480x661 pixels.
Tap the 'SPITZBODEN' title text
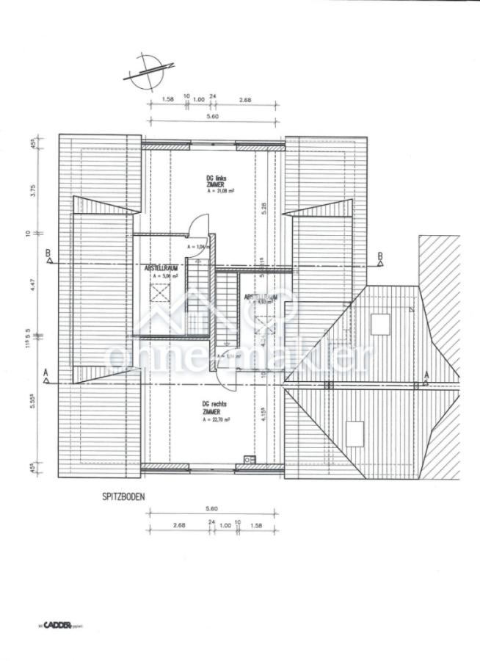tap(123, 496)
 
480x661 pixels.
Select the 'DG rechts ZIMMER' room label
tap(215, 408)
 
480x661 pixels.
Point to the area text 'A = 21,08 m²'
tap(221, 191)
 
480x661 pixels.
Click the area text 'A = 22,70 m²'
tap(217, 419)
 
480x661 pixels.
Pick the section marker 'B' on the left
tap(48, 255)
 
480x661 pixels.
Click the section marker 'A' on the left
tap(46, 373)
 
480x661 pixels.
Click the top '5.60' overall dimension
tap(213, 116)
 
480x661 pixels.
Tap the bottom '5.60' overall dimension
tap(213, 508)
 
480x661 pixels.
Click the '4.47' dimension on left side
tap(33, 283)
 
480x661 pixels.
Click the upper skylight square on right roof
tap(380, 323)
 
